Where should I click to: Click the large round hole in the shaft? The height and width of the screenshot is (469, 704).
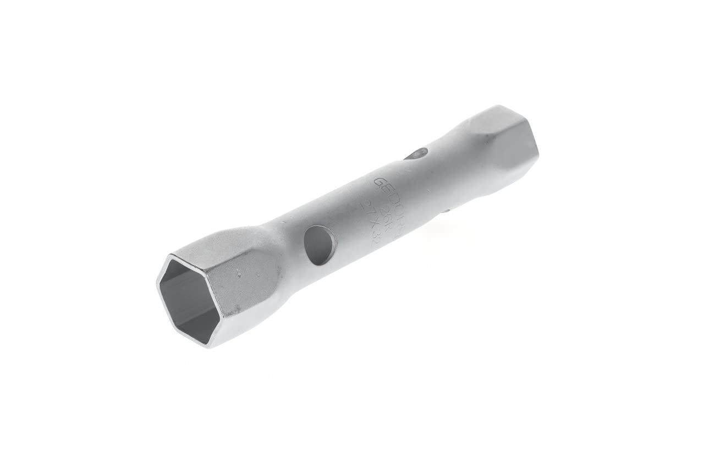[x=320, y=245]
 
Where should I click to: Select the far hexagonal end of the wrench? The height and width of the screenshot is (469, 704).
[x=509, y=137]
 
